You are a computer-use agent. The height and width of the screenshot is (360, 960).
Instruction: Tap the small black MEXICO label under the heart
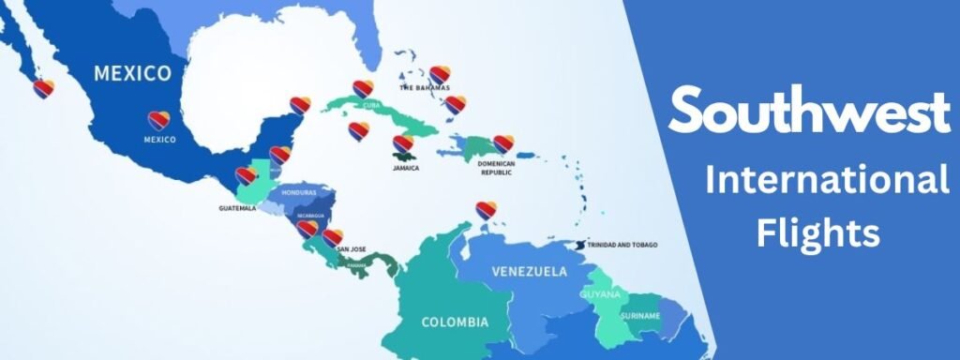pyautogui.click(x=159, y=140)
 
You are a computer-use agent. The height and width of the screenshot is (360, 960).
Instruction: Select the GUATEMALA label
pyautogui.click(x=236, y=208)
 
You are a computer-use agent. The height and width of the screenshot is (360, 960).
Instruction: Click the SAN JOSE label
pyautogui.click(x=351, y=249)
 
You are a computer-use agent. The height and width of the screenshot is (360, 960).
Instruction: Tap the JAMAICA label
pyautogui.click(x=406, y=169)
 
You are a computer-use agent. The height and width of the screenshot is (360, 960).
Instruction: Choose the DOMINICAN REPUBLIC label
pyautogui.click(x=497, y=167)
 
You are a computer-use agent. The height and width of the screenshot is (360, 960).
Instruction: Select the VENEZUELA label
pyautogui.click(x=530, y=272)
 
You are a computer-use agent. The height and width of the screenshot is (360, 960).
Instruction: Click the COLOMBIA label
pyautogui.click(x=455, y=322)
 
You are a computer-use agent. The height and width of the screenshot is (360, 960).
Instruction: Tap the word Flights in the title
pyautogui.click(x=818, y=231)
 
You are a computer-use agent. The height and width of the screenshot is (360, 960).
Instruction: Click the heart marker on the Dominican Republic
pyautogui.click(x=503, y=143)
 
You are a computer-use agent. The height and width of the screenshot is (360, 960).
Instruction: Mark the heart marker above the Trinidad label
pyautogui.click(x=485, y=210)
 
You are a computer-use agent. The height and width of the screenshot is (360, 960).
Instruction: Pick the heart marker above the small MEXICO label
pyautogui.click(x=158, y=120)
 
